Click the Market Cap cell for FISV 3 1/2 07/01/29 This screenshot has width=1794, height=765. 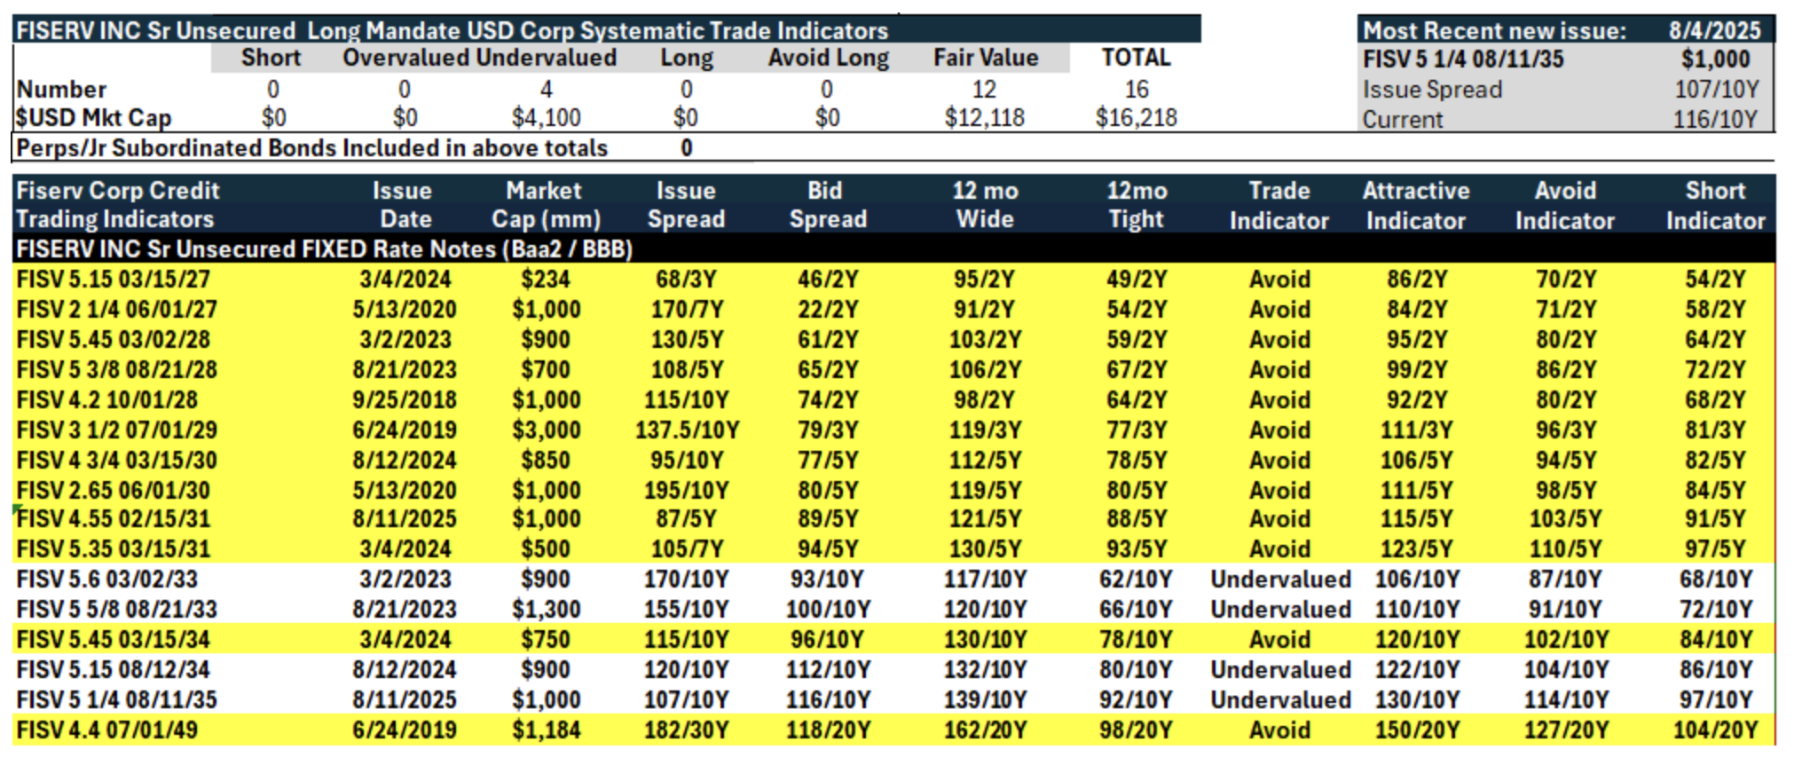coord(546,430)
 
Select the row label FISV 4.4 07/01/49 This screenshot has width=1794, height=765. coord(107,730)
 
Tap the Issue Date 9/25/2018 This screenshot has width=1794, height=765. coord(405,400)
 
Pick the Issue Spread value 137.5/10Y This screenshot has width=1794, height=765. coord(687,430)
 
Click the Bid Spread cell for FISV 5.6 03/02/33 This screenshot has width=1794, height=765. coord(827,580)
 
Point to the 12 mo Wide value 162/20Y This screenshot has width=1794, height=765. coord(985,730)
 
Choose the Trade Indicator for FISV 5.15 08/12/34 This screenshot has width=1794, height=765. coord(1280,670)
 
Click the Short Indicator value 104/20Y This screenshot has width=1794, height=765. coord(1715,730)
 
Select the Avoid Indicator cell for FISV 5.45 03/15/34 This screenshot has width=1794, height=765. coord(1566,640)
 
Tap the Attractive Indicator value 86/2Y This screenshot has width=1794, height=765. coord(1417,280)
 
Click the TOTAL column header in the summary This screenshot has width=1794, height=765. coord(1136,58)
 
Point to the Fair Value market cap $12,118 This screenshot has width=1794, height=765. coord(984,118)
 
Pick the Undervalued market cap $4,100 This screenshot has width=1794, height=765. coord(546,118)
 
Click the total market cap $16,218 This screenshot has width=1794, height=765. coord(1136,118)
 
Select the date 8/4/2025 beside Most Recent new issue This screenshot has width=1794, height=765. coord(1714,31)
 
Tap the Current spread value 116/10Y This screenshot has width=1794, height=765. coord(1715,120)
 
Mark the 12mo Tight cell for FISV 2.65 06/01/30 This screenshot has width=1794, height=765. coord(1137,491)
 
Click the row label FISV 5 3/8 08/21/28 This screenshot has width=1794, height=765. coord(116,370)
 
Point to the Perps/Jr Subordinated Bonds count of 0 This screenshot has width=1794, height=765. coord(686,148)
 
